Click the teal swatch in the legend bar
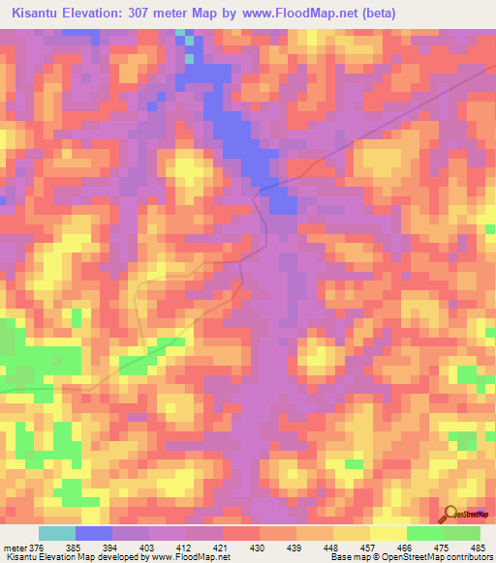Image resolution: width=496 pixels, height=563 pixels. point(57,533)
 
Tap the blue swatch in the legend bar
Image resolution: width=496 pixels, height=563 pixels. point(94,533)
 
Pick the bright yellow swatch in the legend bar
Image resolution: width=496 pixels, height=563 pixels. point(387,533)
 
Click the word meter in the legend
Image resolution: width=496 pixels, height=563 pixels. point(15,547)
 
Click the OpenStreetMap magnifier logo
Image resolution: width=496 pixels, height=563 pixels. point(451,514)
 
